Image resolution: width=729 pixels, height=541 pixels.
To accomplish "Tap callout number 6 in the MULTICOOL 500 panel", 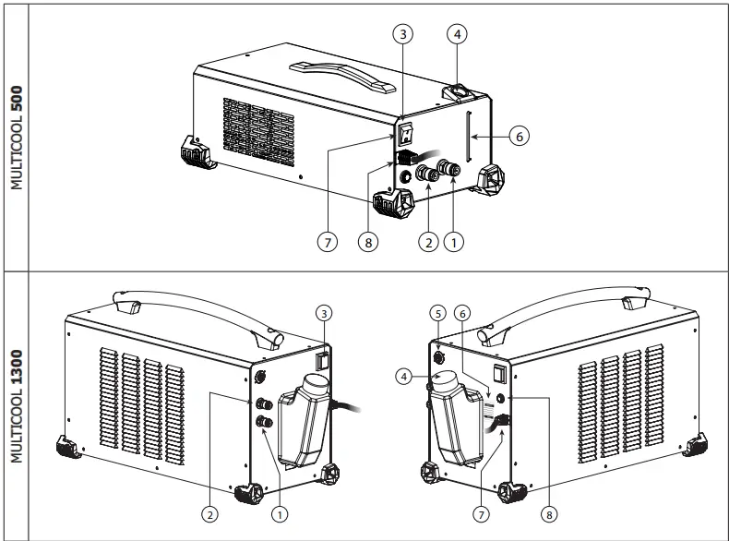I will tap(519, 135).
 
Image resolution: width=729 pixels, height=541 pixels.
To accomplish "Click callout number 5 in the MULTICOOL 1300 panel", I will tap(437, 312).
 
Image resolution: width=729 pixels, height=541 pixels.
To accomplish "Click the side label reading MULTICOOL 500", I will tap(15, 138).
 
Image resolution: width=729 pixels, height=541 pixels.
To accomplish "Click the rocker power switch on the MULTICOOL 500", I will tap(405, 135).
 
